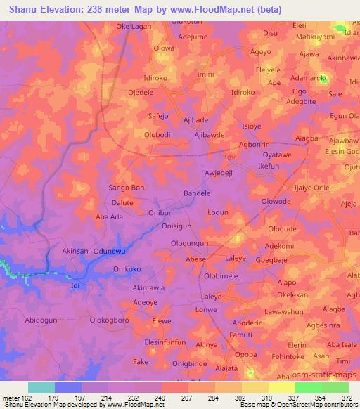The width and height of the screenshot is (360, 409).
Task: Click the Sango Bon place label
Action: point(127,188)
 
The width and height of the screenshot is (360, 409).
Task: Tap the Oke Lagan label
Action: point(133,26)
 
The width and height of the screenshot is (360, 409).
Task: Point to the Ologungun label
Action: point(190,243)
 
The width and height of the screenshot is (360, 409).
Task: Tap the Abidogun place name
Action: point(41,320)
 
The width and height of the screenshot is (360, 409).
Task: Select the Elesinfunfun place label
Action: point(165,342)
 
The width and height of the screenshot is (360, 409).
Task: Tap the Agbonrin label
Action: point(255,145)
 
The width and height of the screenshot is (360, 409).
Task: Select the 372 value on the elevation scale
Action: point(347,397)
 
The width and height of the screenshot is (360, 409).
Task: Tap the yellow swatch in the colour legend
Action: point(282,387)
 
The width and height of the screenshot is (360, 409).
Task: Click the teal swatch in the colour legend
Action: point(41,387)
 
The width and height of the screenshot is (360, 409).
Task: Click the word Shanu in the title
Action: point(25,9)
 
